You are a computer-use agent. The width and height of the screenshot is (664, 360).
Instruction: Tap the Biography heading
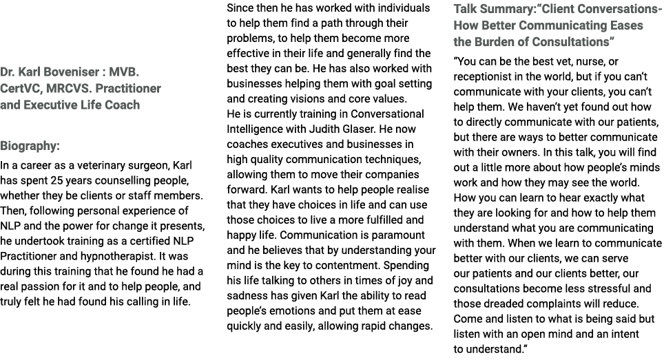pyautogui.click(x=30, y=146)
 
